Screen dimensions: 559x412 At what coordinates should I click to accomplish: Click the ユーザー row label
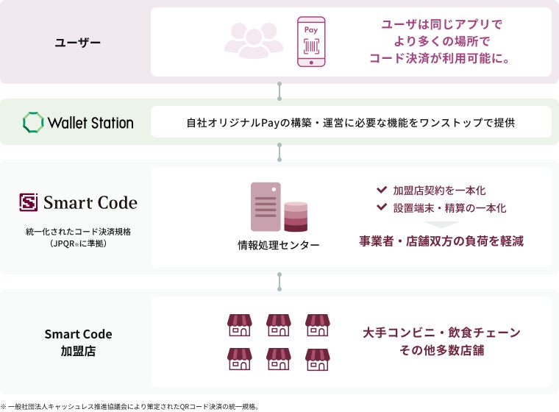tap(78, 43)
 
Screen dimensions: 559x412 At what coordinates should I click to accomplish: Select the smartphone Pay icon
tap(310, 43)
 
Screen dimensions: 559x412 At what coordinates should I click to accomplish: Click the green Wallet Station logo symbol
tap(33, 122)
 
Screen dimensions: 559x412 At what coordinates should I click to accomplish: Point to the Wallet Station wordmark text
tap(90, 123)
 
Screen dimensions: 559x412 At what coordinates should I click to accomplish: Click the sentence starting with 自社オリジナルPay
tap(350, 122)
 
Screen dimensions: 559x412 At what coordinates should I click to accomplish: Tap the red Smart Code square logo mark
tap(29, 202)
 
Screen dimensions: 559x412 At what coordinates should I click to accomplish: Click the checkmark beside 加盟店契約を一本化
tap(381, 190)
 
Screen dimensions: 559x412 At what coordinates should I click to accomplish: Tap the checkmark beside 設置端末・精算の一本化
tap(381, 207)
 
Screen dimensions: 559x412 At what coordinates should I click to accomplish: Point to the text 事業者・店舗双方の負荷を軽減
tap(441, 241)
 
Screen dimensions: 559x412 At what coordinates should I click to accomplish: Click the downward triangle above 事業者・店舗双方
tap(441, 224)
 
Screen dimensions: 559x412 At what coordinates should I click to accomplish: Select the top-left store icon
tap(240, 325)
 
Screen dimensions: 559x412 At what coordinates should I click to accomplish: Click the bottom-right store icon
tap(317, 359)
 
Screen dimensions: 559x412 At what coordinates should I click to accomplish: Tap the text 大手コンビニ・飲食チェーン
tap(441, 333)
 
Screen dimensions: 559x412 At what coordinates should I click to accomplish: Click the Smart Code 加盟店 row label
tap(78, 342)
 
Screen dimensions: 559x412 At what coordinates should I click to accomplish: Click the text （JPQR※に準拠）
tap(78, 243)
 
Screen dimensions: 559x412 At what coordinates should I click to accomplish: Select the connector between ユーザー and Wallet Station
tap(279, 91)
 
